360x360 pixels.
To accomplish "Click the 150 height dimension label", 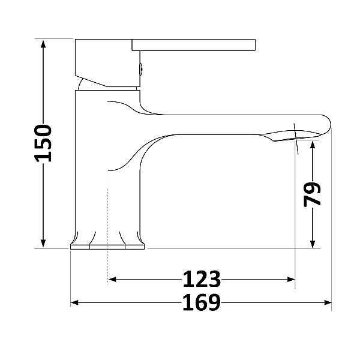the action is [43, 143].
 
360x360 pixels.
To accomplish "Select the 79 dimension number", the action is [312, 194].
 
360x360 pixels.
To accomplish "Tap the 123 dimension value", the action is [202, 279].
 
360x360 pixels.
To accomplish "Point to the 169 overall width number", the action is [202, 302].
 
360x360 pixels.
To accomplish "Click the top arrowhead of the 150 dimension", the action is [43, 44].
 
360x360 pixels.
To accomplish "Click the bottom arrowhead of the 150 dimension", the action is [43, 244].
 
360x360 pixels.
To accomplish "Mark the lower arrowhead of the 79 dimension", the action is [313, 244].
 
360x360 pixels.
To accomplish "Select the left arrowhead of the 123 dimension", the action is [112, 280].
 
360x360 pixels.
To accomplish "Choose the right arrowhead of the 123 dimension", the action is [290, 280].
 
